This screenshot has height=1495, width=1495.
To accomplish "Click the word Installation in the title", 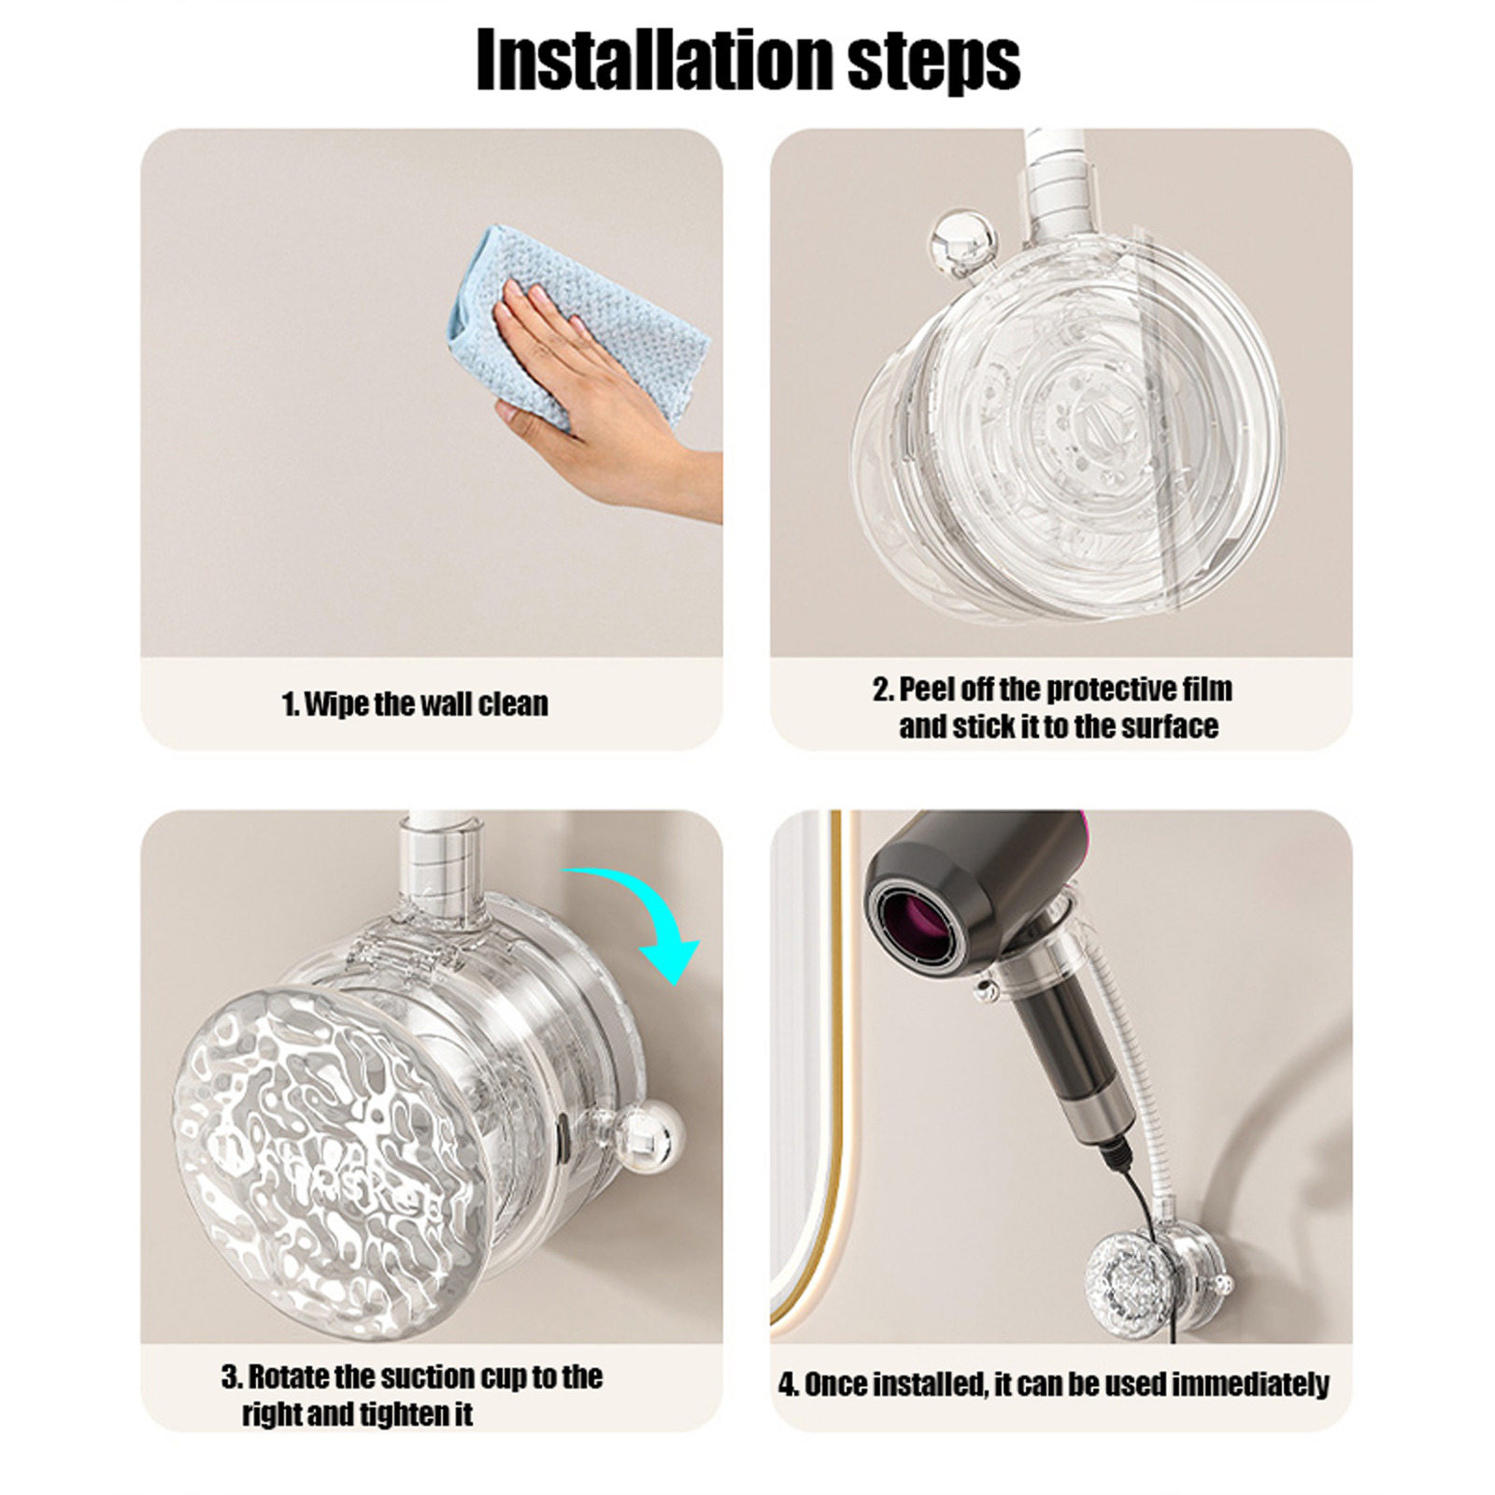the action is point(652,60).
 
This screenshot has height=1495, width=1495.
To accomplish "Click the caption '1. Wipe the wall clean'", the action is point(415,704).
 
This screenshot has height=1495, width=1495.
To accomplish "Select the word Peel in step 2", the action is point(927,690).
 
